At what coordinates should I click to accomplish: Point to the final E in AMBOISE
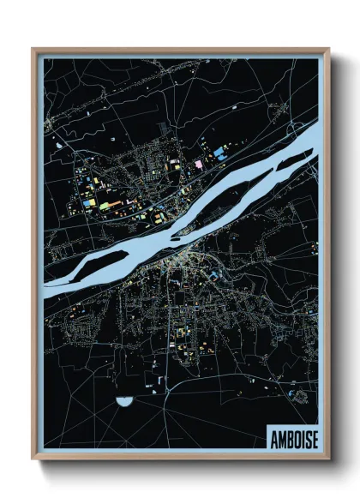tap(313, 437)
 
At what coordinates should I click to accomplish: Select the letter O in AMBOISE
tap(295, 437)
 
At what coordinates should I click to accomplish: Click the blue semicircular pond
tap(125, 399)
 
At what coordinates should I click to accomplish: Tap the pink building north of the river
tap(199, 163)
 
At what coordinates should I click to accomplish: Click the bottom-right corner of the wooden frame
tap(328, 460)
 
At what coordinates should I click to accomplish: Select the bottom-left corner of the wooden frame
tap(33, 460)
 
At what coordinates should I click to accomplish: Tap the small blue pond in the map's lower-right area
tap(299, 393)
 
